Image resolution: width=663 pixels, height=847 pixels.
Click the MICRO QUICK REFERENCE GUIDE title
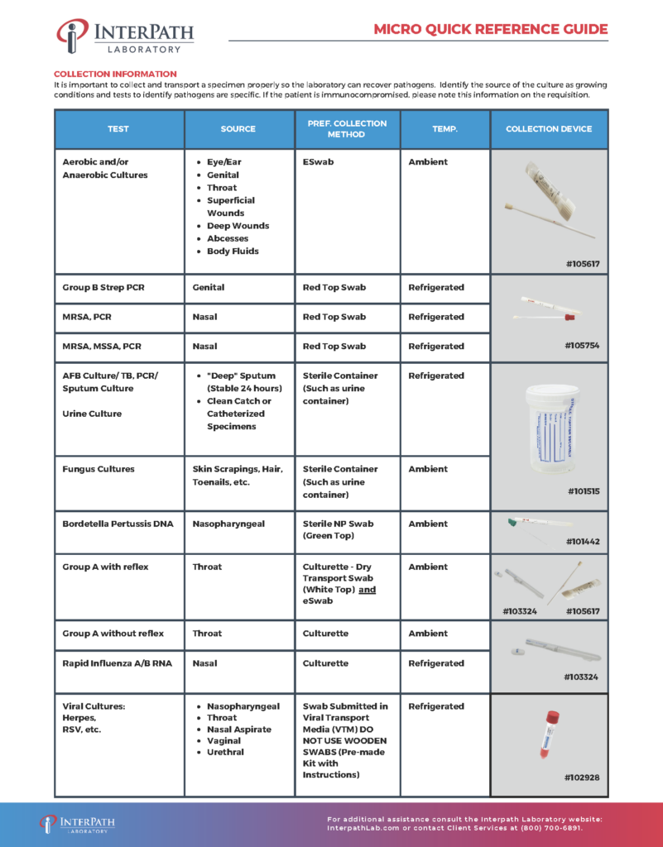coord(490,30)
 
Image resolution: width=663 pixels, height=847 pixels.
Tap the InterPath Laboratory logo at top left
coord(125,37)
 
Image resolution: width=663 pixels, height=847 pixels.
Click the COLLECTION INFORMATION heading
coord(115,74)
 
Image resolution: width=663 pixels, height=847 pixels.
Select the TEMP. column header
coord(444,129)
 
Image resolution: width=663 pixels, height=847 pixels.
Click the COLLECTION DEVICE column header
coord(549,129)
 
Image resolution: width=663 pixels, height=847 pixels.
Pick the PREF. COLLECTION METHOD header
coord(346,129)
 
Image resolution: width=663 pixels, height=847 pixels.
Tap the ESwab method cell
coord(319,162)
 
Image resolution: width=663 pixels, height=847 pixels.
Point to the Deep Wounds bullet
coord(238,226)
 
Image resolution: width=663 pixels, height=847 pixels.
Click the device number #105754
coord(583,346)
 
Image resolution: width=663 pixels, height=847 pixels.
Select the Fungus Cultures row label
coord(98,469)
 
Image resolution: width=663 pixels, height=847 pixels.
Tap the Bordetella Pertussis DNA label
coord(118,524)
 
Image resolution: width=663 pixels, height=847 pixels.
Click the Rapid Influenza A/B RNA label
coord(118,663)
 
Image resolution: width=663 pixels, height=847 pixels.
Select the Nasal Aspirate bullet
coord(238,730)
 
